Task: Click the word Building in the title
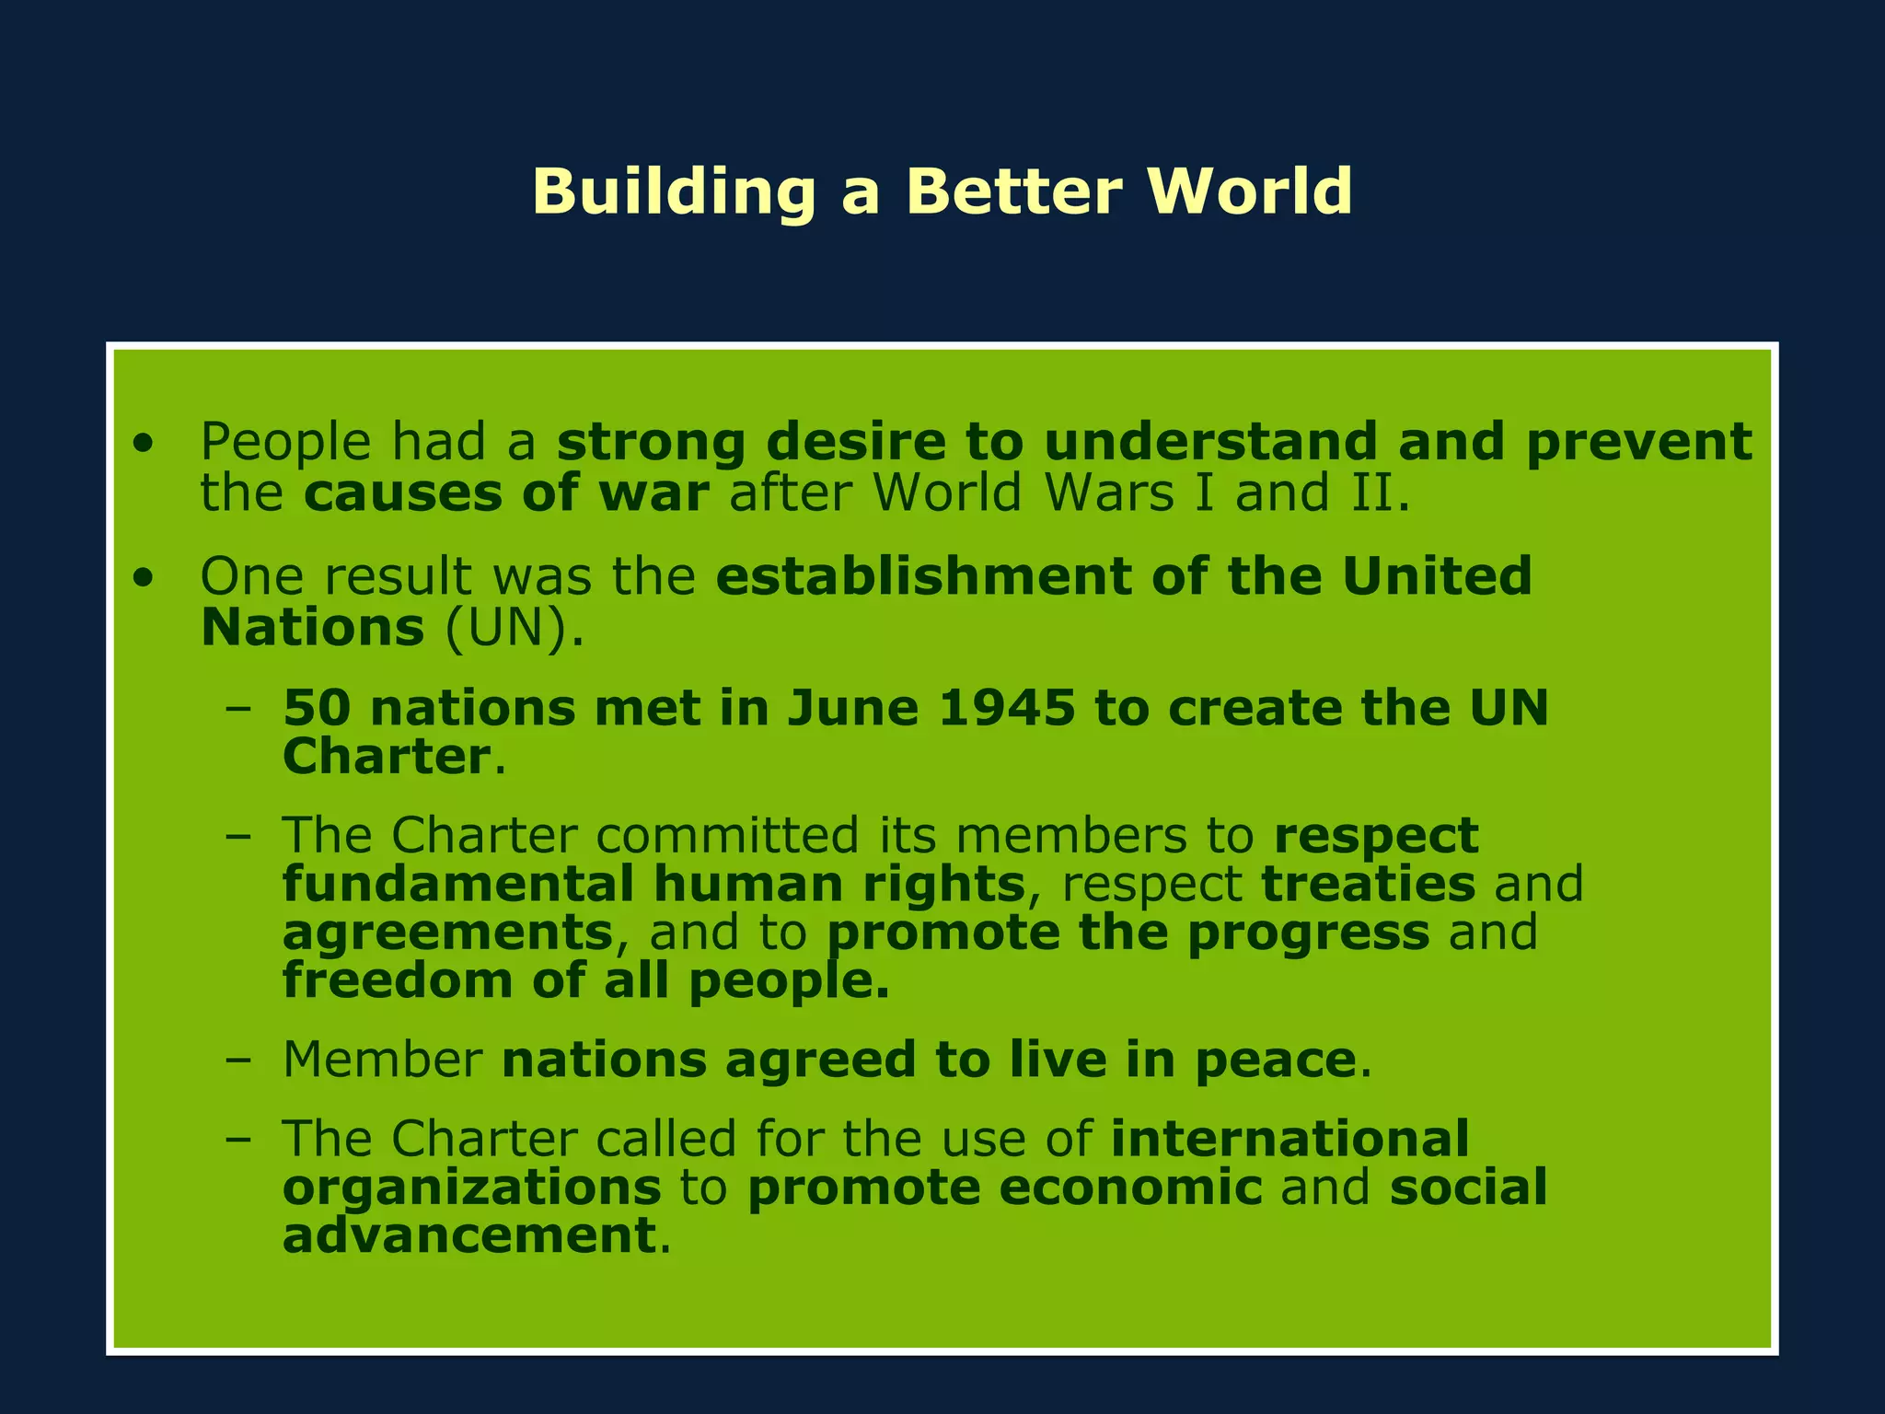[673, 192]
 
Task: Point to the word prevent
[1638, 443]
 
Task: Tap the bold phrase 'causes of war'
[506, 493]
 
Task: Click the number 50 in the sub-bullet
[316, 708]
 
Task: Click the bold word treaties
[1368, 884]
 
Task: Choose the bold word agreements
[447, 933]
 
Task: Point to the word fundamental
[457, 884]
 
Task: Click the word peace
[1275, 1060]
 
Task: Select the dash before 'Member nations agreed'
[237, 1060]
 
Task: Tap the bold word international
[1289, 1139]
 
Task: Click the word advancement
[468, 1235]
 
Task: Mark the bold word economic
[1130, 1188]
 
